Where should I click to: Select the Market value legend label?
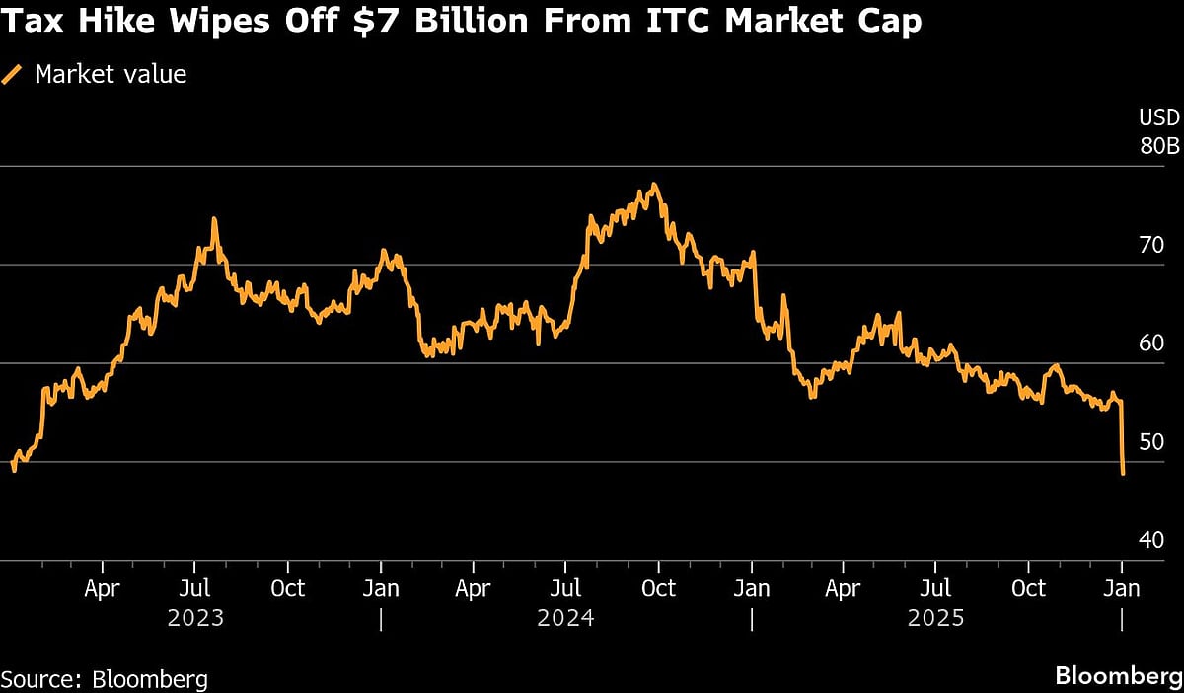point(111,74)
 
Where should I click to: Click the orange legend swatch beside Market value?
point(14,74)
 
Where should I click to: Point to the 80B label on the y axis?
point(1159,146)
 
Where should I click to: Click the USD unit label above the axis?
point(1159,118)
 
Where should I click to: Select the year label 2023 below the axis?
point(195,619)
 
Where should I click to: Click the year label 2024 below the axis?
point(565,619)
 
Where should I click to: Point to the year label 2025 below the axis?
point(936,619)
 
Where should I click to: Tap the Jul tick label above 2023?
point(195,589)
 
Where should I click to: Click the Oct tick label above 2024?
point(658,589)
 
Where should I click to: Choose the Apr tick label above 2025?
point(844,589)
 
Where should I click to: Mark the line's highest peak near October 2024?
point(653,185)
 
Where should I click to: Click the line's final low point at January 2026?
point(1124,474)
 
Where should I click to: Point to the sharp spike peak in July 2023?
point(214,219)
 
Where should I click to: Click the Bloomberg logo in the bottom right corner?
point(1118,676)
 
